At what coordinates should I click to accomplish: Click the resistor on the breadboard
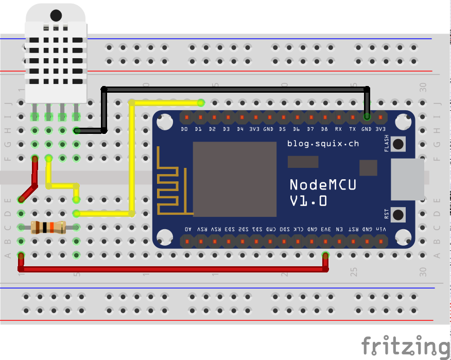(x=48, y=227)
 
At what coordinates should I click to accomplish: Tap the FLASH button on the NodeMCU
(x=398, y=144)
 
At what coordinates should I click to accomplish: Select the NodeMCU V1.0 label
(x=323, y=192)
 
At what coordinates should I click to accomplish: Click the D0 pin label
(x=184, y=129)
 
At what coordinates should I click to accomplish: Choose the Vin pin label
(x=381, y=229)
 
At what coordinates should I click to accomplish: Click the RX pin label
(x=338, y=129)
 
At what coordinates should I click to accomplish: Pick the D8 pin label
(x=324, y=129)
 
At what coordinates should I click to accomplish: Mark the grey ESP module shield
(x=234, y=179)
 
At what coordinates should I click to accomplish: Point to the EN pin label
(x=340, y=229)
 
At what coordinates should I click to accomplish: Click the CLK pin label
(x=298, y=229)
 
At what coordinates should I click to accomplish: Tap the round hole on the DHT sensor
(x=56, y=16)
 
